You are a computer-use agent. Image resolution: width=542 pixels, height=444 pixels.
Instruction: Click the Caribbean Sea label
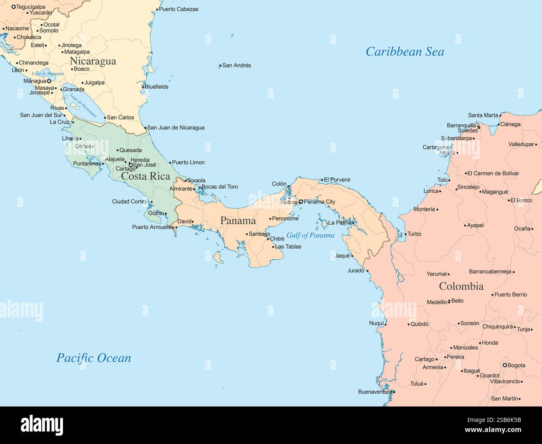point(404,52)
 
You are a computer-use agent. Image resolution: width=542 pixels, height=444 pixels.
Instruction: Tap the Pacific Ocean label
point(94,358)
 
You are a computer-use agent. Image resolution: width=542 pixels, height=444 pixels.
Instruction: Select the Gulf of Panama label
point(310,236)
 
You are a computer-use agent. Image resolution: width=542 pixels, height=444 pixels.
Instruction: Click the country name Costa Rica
point(146,176)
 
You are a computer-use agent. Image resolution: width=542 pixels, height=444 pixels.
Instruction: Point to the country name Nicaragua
point(93,61)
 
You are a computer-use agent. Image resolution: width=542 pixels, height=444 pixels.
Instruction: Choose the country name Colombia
point(461,286)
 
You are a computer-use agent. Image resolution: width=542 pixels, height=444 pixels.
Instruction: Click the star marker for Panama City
point(301,202)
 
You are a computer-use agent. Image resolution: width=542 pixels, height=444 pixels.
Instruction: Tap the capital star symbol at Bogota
point(504,366)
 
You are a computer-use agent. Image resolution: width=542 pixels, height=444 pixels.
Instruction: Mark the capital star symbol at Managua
point(49,81)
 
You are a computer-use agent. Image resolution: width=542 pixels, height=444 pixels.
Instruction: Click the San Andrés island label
point(236,65)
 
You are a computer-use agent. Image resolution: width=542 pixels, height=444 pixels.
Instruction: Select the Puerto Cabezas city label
point(178,9)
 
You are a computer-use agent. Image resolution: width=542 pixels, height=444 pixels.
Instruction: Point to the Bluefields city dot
point(143,87)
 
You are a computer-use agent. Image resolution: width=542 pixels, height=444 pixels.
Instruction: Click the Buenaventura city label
point(375,392)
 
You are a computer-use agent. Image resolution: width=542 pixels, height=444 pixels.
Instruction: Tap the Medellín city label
point(437,302)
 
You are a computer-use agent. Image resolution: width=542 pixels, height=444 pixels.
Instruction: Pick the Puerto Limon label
point(188,163)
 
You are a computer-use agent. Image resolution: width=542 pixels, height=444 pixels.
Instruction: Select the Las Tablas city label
point(288,247)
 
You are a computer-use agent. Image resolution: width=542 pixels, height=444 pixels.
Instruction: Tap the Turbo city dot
point(405,234)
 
